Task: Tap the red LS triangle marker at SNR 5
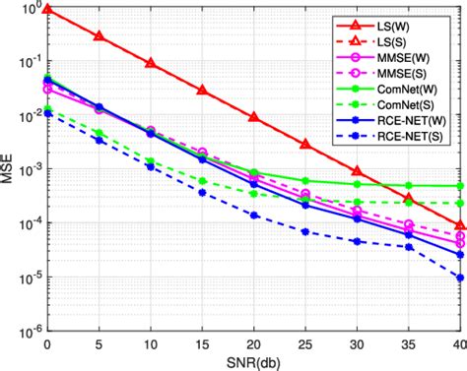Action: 99,35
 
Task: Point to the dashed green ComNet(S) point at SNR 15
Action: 202,181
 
